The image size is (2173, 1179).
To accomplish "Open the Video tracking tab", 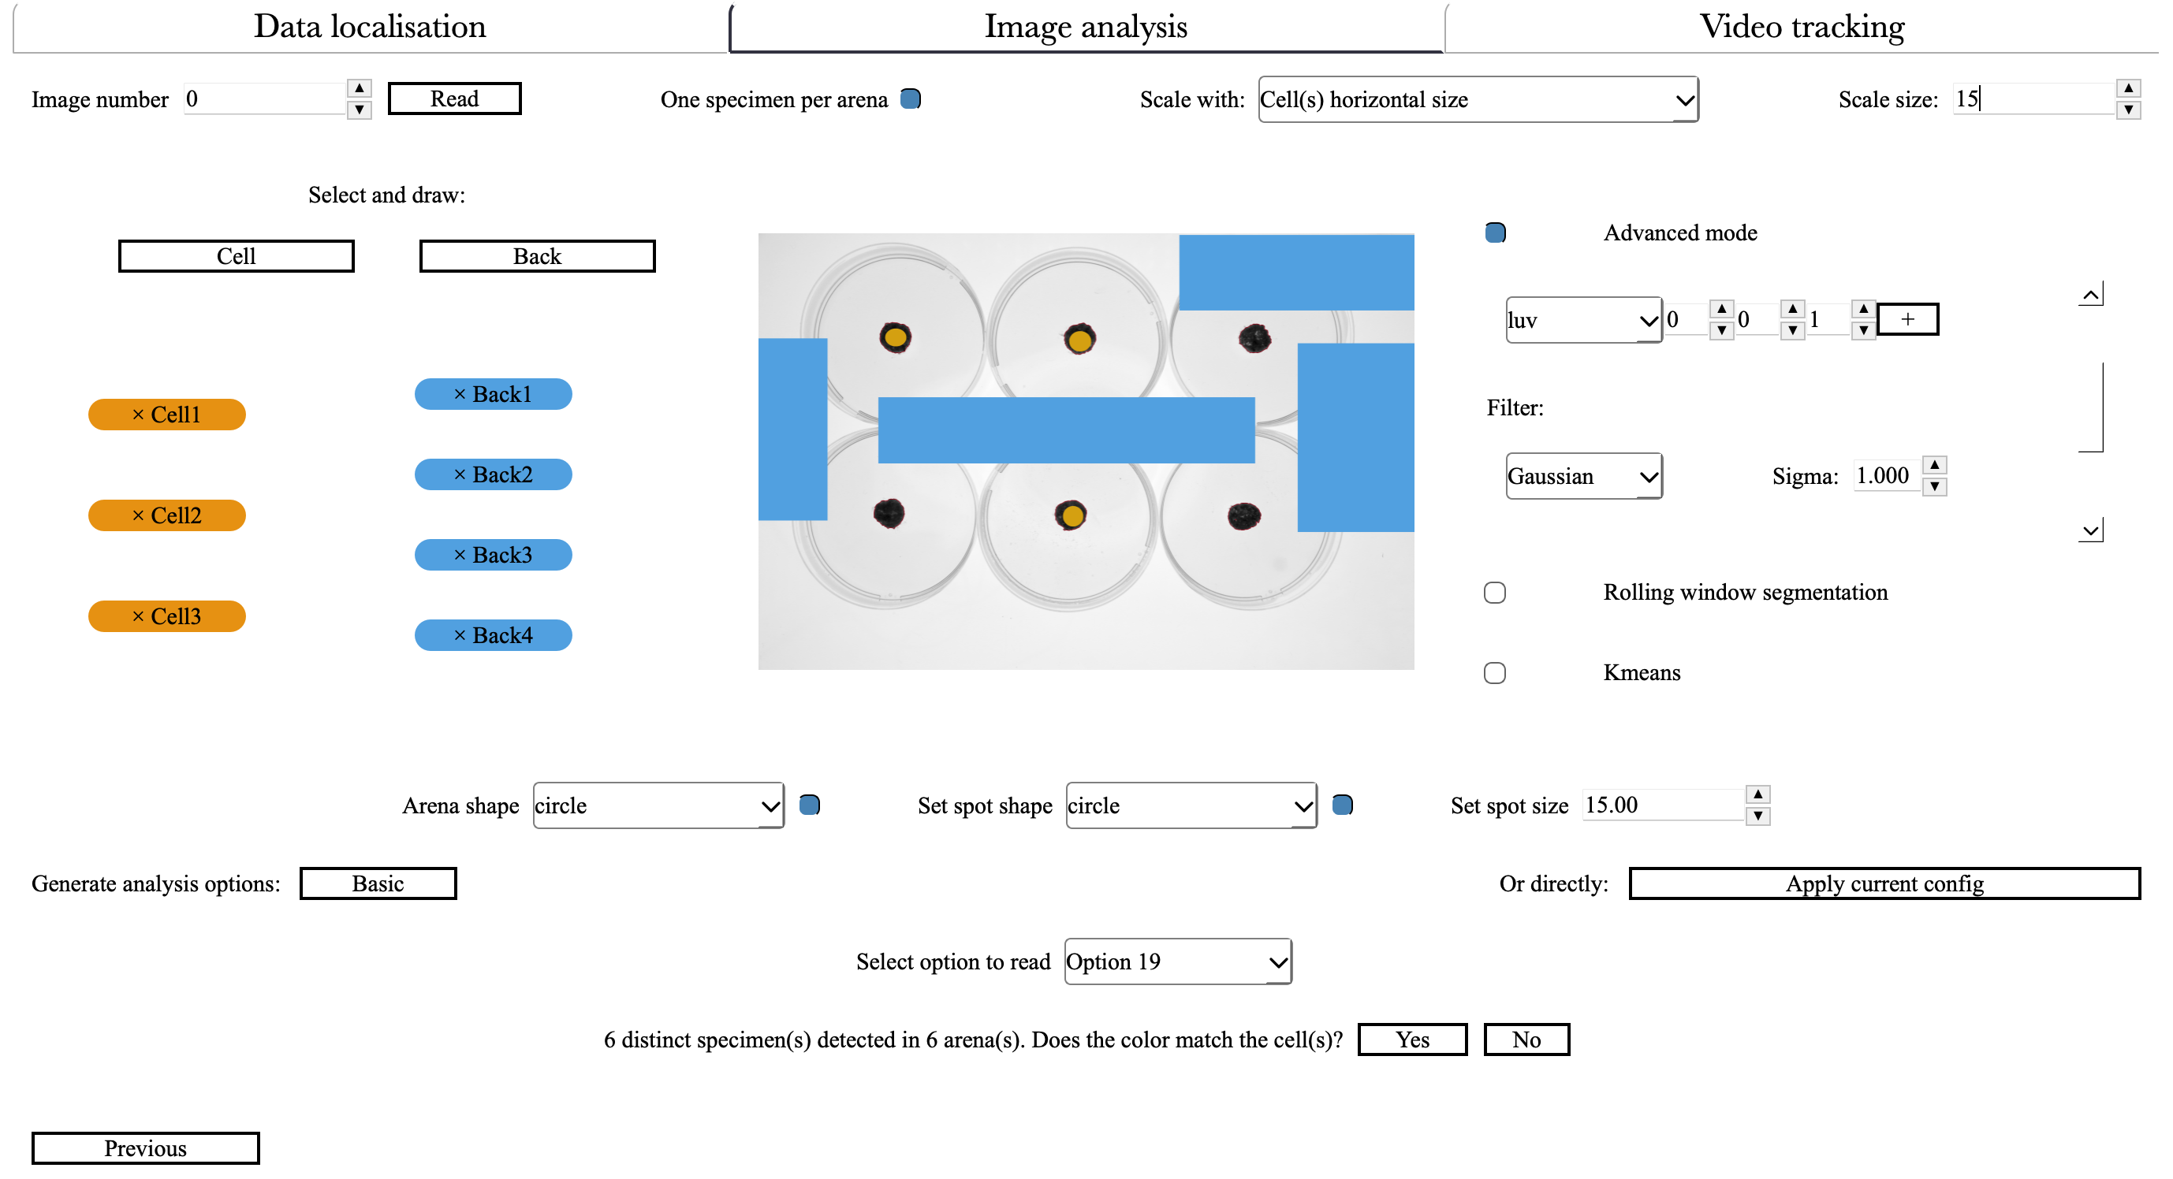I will click(x=1801, y=27).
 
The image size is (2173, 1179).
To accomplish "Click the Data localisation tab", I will click(x=370, y=27).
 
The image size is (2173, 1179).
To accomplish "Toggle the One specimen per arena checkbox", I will click(x=910, y=99).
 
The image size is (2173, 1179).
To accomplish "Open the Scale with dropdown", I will click(x=1477, y=99).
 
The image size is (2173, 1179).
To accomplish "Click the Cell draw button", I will click(x=237, y=256).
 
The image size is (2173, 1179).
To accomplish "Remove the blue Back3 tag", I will click(x=460, y=555).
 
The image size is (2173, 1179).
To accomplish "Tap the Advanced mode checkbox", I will click(x=1495, y=232).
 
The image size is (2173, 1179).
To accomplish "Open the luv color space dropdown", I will click(x=1582, y=321).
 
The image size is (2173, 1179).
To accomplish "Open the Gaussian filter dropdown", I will click(x=1582, y=477).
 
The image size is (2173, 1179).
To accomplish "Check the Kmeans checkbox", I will click(x=1495, y=673).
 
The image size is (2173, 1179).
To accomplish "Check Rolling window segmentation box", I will click(x=1495, y=593).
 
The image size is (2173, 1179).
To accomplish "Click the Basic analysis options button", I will click(x=378, y=883).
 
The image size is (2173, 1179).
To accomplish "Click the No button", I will click(x=1526, y=1040).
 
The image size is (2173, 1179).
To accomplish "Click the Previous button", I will click(x=145, y=1148).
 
